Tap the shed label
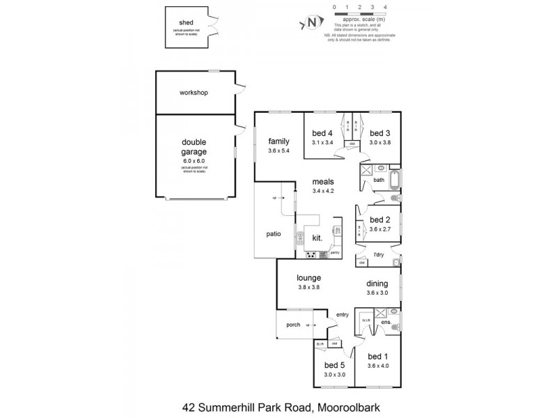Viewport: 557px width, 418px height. (186, 22)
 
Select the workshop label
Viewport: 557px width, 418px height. (194, 93)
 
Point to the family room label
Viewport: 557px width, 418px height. (278, 141)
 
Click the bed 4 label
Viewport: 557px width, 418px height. (321, 134)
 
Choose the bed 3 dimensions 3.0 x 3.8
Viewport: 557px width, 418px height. (380, 143)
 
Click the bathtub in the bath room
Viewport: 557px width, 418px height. (395, 180)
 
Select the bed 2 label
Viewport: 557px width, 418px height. (380, 219)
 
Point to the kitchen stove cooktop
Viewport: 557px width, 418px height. (310, 254)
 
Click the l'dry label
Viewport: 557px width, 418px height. (379, 254)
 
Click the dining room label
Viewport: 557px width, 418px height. (380, 284)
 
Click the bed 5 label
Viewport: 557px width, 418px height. (335, 365)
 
